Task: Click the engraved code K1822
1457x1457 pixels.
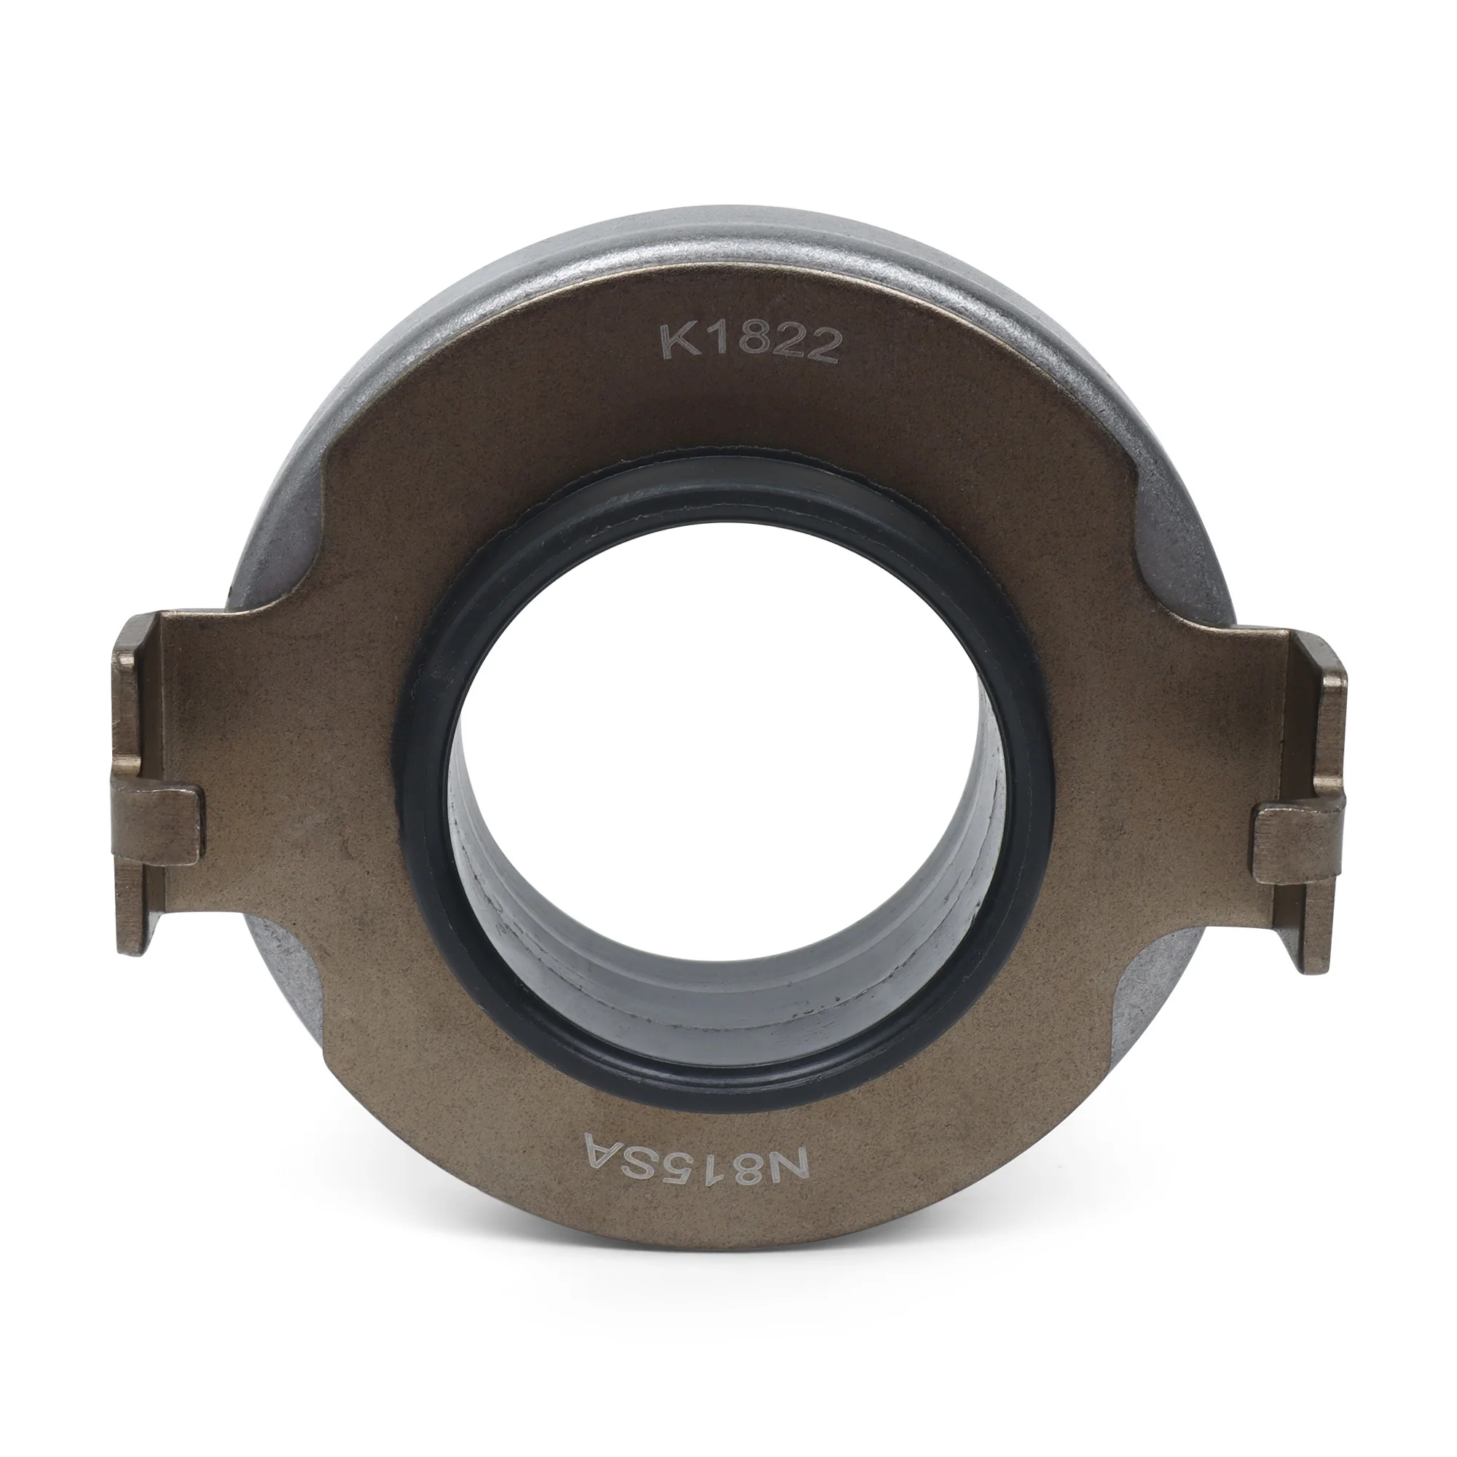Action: tap(751, 344)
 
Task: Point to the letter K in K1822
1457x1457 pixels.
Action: tap(676, 342)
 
